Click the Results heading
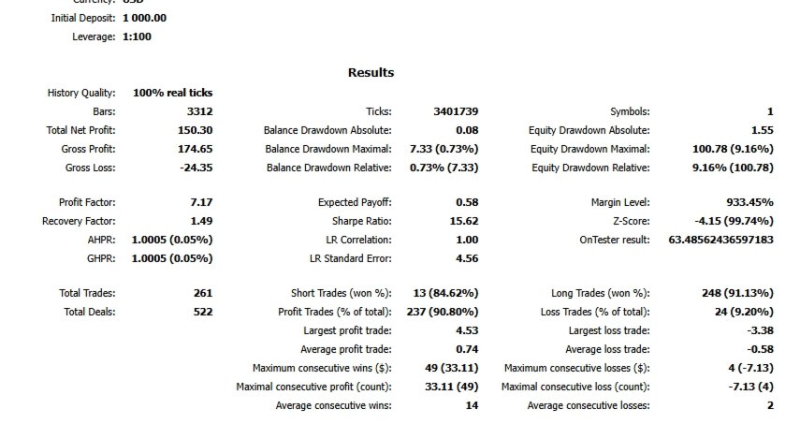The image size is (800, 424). pyautogui.click(x=371, y=72)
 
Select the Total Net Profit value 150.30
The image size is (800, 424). pyautogui.click(x=194, y=130)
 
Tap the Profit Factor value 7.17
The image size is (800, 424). pyautogui.click(x=200, y=202)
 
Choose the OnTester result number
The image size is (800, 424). pyautogui.click(x=720, y=240)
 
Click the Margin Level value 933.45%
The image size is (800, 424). pyautogui.click(x=749, y=202)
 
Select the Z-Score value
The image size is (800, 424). pyautogui.click(x=734, y=221)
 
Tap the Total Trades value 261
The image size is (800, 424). pyautogui.click(x=202, y=294)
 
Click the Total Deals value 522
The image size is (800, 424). pyautogui.click(x=202, y=313)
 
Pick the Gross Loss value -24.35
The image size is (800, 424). pyautogui.click(x=195, y=168)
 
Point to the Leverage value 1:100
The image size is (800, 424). pyautogui.click(x=137, y=37)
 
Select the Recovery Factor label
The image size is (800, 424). pyautogui.click(x=79, y=221)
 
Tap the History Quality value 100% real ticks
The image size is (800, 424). pyautogui.click(x=172, y=93)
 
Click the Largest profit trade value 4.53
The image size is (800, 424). pyautogui.click(x=466, y=330)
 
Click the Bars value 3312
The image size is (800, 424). pyautogui.click(x=199, y=111)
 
